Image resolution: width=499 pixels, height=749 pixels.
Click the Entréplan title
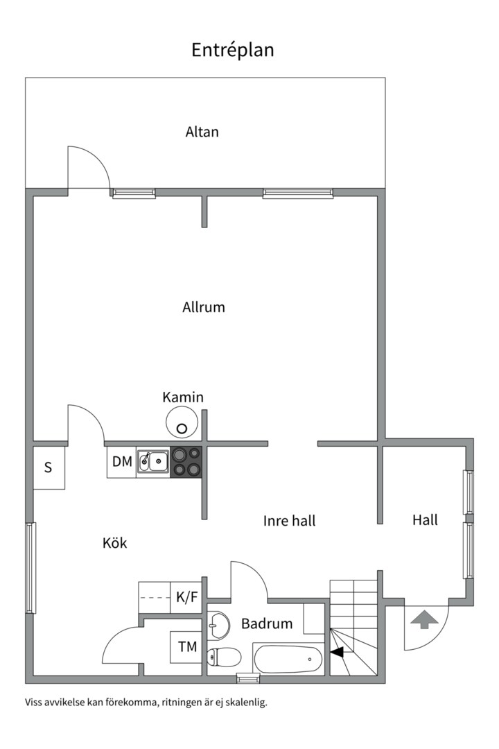(x=233, y=50)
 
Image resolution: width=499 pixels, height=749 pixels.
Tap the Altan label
(x=202, y=132)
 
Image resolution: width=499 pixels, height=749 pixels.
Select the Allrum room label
(x=204, y=307)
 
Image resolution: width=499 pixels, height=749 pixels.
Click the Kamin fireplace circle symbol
(x=182, y=422)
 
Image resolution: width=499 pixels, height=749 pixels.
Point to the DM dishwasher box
(x=122, y=462)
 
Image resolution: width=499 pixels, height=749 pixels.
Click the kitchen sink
(x=153, y=462)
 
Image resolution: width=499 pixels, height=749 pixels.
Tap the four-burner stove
(x=186, y=462)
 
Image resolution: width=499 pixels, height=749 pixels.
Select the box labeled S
(x=49, y=467)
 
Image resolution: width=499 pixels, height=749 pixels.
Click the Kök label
(x=114, y=543)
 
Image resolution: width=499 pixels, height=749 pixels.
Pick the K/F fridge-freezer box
(x=186, y=597)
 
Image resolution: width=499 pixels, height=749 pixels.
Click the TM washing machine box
(x=186, y=647)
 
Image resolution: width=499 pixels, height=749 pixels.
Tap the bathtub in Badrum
(x=289, y=659)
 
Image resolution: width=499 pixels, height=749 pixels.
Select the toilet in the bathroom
(x=224, y=657)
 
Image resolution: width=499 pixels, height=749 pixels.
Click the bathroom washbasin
(x=218, y=626)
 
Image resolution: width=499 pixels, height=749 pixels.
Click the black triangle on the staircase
(x=337, y=652)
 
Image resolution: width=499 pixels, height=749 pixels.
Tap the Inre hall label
(x=290, y=521)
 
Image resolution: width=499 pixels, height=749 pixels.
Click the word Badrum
(x=267, y=623)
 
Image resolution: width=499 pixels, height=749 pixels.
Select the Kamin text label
(x=183, y=397)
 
